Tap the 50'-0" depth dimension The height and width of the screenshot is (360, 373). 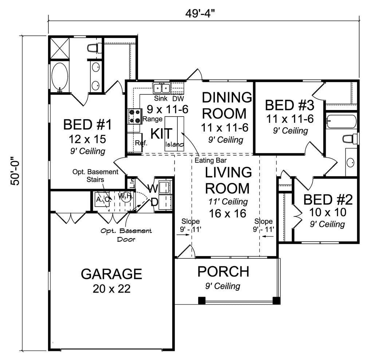(x=16, y=171)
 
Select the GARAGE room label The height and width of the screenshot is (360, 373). (x=111, y=274)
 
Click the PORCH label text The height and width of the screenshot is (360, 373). (x=223, y=271)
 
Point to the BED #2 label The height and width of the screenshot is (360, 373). (x=328, y=199)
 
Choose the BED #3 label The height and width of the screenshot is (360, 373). (x=290, y=105)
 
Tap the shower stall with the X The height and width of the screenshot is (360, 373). (x=60, y=48)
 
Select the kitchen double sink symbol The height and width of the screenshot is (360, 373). (x=162, y=88)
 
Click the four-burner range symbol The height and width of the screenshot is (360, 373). (x=135, y=116)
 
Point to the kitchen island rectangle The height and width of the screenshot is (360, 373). (x=174, y=133)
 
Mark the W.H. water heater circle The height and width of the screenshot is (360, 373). (x=125, y=197)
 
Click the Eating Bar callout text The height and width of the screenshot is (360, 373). (x=211, y=160)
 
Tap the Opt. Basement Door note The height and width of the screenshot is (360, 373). (x=126, y=235)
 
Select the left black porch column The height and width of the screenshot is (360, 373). (x=202, y=301)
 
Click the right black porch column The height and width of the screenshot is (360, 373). (x=276, y=301)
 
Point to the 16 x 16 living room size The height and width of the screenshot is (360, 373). (x=227, y=214)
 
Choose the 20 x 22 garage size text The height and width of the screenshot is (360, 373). (x=111, y=289)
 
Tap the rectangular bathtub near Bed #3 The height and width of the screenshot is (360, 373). (x=341, y=121)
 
